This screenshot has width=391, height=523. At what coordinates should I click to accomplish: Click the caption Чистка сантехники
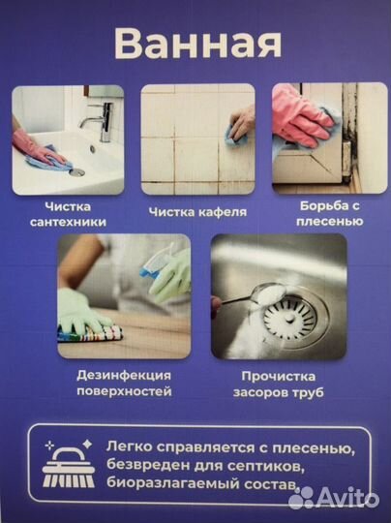75,214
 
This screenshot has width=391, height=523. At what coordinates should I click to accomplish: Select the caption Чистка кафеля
198,211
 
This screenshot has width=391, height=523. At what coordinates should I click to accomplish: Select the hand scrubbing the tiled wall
237,127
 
